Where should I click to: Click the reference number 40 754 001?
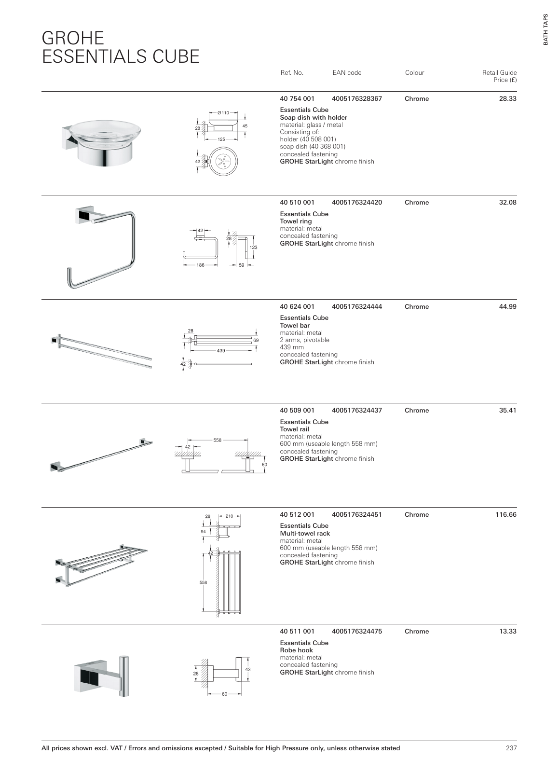point(297,99)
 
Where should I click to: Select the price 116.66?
point(506,515)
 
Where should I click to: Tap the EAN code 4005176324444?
point(357,307)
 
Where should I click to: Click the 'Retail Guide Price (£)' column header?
point(499,76)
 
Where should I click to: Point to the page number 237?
point(511,748)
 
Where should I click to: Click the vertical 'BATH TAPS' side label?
point(545,28)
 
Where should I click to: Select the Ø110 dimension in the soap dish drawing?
point(223,112)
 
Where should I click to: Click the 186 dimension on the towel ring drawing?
point(201,265)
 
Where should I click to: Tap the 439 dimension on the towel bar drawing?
point(221,351)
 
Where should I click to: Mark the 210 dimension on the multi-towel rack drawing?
point(229,516)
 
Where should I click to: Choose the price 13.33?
point(508,632)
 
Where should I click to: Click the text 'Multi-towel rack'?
point(305,533)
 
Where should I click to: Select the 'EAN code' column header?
point(347,73)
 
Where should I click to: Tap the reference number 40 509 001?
point(297,411)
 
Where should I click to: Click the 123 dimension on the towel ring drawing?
point(254,248)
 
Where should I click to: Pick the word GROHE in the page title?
point(73,38)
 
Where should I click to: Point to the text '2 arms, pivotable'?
point(305,340)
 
